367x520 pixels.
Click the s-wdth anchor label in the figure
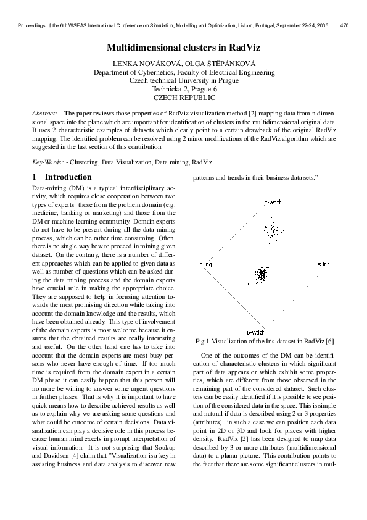pos(273,202)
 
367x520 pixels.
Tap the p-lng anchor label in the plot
pos(205,264)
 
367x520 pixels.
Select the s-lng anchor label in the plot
pos(324,264)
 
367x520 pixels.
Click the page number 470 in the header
pos(345,26)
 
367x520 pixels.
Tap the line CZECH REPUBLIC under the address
pos(184,98)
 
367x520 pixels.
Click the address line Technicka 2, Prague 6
pos(184,89)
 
